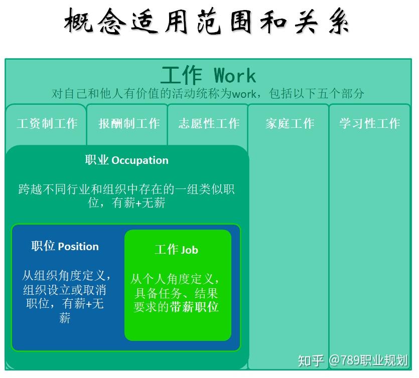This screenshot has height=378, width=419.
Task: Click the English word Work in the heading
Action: (x=235, y=76)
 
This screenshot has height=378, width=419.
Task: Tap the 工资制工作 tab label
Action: (x=47, y=123)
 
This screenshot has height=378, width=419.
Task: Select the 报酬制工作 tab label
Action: (x=129, y=123)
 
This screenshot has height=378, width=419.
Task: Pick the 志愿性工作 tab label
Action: (x=209, y=123)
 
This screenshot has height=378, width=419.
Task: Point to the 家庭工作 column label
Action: (x=290, y=123)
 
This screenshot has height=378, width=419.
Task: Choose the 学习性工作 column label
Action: (x=369, y=123)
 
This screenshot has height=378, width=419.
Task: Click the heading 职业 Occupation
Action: (x=126, y=160)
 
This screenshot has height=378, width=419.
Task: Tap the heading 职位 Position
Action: (x=65, y=247)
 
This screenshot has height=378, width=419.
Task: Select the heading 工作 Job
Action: (x=176, y=250)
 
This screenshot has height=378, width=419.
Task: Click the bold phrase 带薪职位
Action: (x=194, y=307)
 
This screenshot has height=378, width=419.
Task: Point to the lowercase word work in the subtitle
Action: (x=244, y=94)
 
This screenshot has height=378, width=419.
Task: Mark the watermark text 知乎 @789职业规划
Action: (x=353, y=360)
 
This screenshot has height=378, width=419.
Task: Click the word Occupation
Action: (x=140, y=160)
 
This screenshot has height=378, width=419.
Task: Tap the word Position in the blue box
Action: (x=78, y=247)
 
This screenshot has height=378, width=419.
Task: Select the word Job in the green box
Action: (x=190, y=250)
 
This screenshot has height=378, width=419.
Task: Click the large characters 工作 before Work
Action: (x=181, y=76)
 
